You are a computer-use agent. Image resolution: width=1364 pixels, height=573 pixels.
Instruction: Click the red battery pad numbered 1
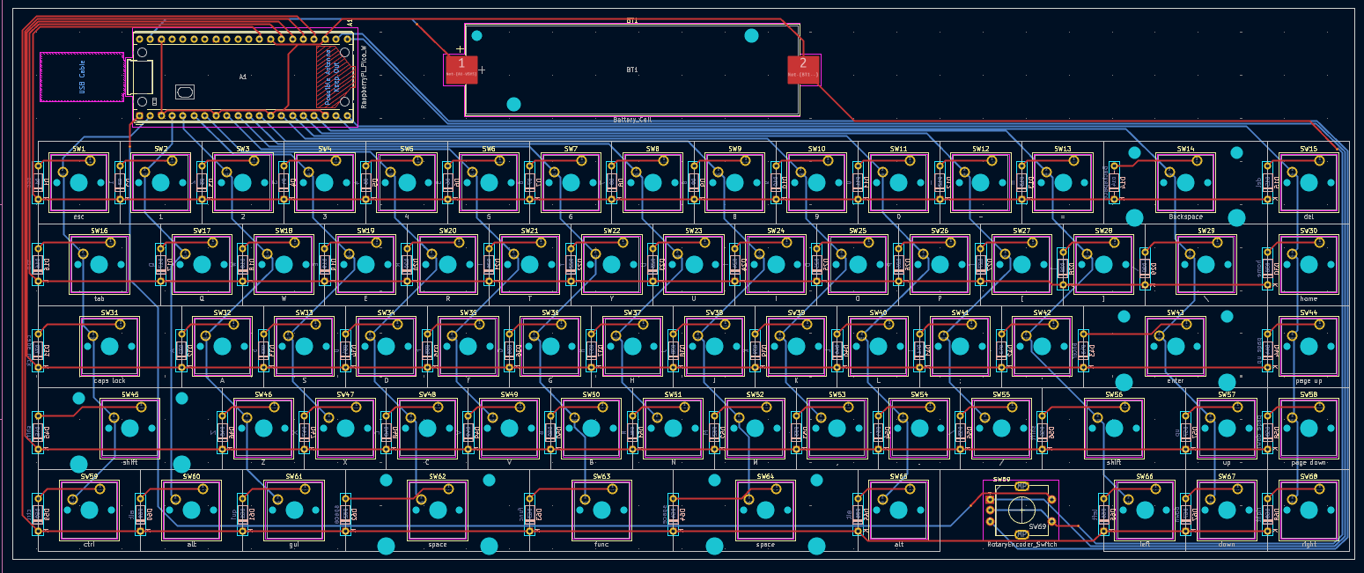tap(461, 69)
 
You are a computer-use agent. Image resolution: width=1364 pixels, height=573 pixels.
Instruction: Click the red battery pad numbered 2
tap(802, 69)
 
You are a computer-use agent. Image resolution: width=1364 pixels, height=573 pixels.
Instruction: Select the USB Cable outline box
tap(80, 77)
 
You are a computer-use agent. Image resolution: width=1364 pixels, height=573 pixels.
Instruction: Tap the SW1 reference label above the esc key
tap(79, 149)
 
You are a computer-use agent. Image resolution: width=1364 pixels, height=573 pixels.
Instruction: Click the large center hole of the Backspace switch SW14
tap(1185, 183)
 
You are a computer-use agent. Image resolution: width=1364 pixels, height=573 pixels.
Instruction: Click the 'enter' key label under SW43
tap(1175, 381)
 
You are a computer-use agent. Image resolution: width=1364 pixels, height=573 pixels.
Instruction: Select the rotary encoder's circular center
tap(1021, 510)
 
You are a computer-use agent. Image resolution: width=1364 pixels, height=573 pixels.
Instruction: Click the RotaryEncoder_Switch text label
tap(1021, 545)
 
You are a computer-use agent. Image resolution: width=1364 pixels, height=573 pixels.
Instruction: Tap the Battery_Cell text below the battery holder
tap(632, 119)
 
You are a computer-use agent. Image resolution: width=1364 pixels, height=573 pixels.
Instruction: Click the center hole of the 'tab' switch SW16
tap(100, 264)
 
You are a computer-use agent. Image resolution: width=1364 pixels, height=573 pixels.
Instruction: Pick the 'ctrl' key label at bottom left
tap(89, 545)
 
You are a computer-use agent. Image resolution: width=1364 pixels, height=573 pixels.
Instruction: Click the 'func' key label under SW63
tap(601, 545)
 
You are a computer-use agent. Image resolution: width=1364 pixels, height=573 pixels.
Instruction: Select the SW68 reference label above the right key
tap(1309, 476)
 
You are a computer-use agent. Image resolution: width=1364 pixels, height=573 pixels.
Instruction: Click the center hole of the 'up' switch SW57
tap(1227, 429)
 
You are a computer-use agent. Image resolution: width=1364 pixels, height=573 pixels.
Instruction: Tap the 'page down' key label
tap(1309, 463)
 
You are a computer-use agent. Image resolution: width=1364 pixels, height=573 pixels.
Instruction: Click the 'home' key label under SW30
tap(1309, 299)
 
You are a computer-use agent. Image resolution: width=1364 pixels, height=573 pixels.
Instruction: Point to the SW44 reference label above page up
tap(1309, 312)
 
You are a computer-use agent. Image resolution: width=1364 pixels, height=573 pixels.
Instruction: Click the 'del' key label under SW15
tap(1309, 217)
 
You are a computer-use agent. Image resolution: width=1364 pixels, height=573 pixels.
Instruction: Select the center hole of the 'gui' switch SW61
tap(294, 511)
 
